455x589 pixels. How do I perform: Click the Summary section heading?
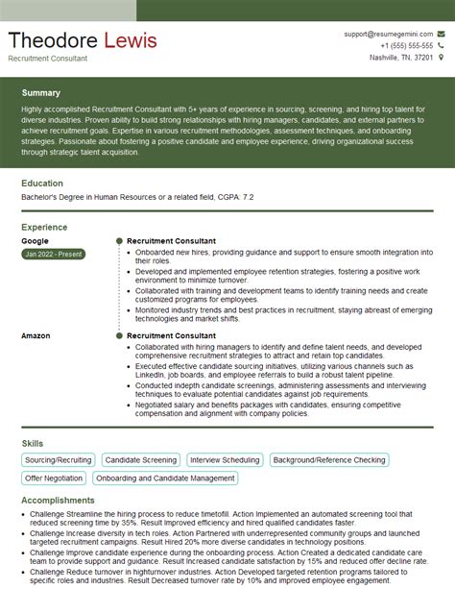coord(40,93)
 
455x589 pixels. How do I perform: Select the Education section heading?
coord(42,183)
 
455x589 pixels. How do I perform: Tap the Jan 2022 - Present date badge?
coord(53,254)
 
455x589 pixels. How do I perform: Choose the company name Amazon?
coord(36,335)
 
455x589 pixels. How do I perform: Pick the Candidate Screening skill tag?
coord(141,460)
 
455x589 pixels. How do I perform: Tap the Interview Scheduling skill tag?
coord(226,460)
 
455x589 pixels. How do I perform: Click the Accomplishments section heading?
coord(58,501)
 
